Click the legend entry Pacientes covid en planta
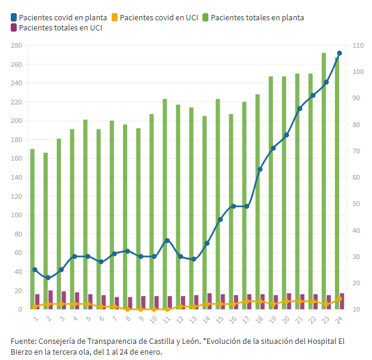click(63, 17)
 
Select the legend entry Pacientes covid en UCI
click(159, 17)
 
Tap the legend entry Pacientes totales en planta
click(257, 17)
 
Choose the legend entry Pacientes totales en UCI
click(60, 27)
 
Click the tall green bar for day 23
click(324, 179)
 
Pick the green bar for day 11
click(165, 204)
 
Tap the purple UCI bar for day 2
click(51, 300)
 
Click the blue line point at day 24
click(339, 53)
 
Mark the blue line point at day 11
click(167, 241)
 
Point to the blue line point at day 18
click(260, 170)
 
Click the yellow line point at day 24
click(340, 299)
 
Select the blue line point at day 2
click(48, 278)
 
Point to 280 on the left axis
click(16, 45)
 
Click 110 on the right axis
click(358, 45)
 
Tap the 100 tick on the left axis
click(16, 215)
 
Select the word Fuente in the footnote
click(23, 341)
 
